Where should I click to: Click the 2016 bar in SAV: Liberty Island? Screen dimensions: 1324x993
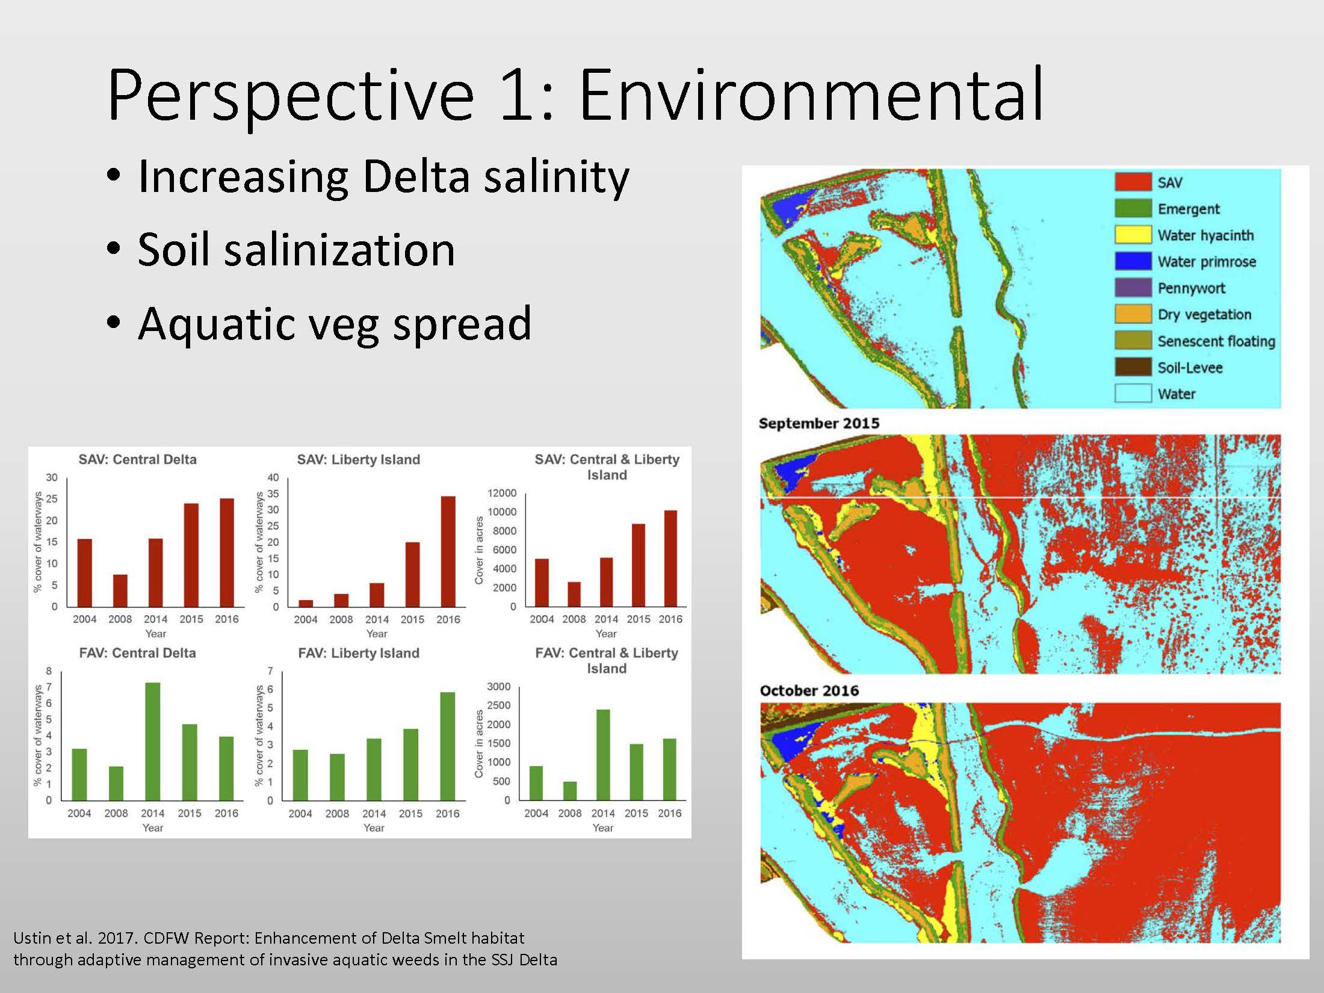click(x=448, y=551)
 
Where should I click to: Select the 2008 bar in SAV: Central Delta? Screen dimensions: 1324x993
click(x=120, y=590)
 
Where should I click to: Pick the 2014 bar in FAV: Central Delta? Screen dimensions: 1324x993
click(x=153, y=741)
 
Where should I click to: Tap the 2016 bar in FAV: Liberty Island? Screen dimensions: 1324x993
click(x=448, y=746)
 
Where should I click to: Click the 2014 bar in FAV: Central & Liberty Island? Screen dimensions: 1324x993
click(x=603, y=755)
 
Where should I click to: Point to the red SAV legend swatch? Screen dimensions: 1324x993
click(x=1133, y=182)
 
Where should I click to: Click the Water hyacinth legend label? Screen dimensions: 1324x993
click(x=1205, y=235)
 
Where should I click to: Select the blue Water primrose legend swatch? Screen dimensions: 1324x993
click(x=1133, y=261)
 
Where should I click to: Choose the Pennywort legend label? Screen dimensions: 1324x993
click(x=1192, y=288)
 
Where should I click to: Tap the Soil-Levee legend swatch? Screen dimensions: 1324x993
click(x=1133, y=367)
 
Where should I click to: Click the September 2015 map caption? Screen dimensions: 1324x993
click(x=819, y=423)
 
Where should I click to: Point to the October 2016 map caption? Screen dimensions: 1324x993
click(x=809, y=690)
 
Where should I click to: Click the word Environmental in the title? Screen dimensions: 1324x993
click(x=811, y=94)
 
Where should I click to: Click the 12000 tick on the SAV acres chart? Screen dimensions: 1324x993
click(x=502, y=493)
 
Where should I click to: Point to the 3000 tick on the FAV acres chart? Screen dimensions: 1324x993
click(x=498, y=687)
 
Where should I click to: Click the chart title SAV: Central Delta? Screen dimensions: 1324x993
click(x=137, y=460)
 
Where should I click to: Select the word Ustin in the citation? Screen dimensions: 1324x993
click(x=34, y=938)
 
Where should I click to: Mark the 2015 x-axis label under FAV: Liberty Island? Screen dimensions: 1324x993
click(x=410, y=814)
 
